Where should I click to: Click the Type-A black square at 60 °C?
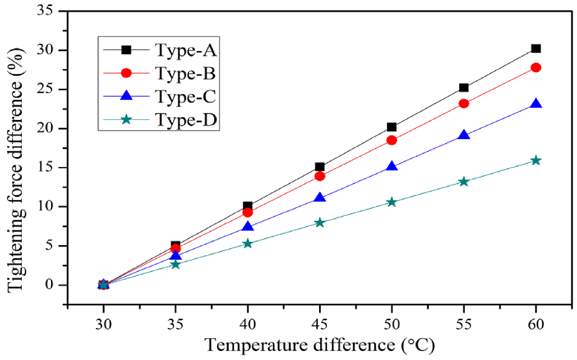[536, 49]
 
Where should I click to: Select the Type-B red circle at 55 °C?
[464, 103]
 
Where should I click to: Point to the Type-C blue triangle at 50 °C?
[391, 167]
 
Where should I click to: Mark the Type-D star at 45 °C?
[320, 223]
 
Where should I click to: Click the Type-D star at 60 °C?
[536, 160]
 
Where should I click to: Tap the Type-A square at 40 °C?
[247, 206]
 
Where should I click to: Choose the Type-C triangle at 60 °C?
[536, 104]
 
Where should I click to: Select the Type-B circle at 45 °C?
[320, 176]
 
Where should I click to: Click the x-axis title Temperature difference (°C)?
[319, 344]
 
